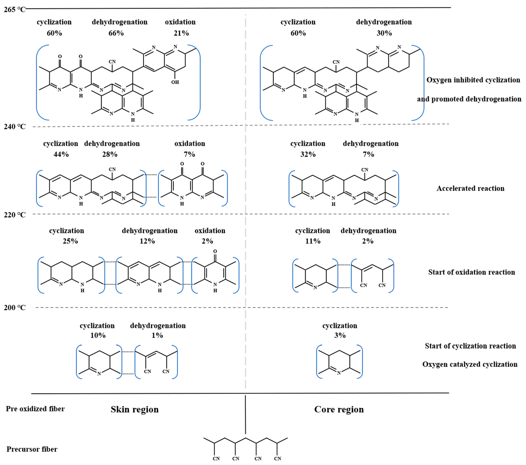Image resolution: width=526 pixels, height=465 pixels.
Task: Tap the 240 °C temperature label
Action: click(14, 127)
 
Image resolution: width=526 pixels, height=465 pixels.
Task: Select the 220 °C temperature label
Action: click(14, 215)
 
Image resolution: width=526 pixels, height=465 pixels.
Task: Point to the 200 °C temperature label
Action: click(14, 307)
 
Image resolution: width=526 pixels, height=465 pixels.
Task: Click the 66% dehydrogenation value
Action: click(116, 33)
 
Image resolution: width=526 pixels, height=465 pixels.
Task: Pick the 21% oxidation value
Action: click(181, 33)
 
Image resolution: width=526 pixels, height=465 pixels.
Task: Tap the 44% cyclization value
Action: click(61, 154)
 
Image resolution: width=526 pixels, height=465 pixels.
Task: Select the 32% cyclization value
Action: click(308, 154)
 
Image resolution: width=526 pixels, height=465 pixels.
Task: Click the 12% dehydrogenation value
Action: click(147, 241)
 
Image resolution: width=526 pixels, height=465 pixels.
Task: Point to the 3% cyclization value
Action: click(340, 335)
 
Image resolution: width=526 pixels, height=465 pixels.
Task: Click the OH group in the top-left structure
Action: click(175, 82)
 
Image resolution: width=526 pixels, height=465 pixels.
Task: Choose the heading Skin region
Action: click(135, 409)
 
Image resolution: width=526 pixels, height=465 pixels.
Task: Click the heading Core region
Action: click(339, 409)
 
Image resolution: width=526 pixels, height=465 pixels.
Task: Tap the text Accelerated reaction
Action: click(470, 188)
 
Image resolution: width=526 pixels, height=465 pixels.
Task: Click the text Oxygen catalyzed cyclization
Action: click(470, 364)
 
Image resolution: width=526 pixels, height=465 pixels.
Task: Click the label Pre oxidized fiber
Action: click(35, 409)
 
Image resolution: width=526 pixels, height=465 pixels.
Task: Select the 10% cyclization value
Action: click(98, 335)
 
